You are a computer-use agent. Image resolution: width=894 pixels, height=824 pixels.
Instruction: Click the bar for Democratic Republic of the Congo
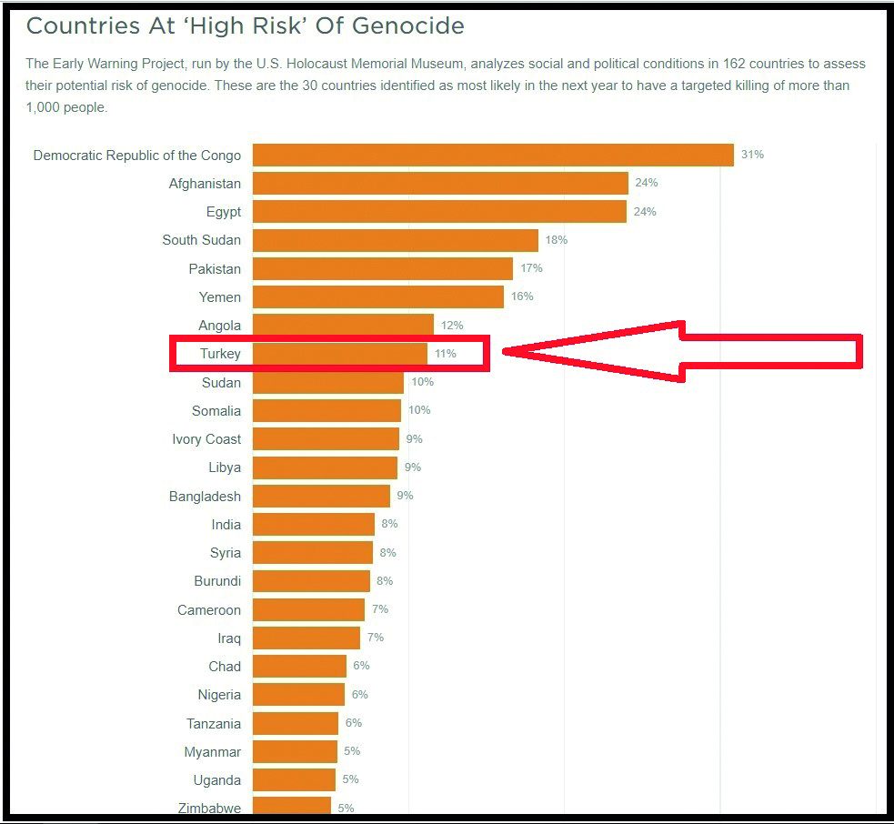493,155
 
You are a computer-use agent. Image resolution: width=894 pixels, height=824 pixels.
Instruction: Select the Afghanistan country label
205,184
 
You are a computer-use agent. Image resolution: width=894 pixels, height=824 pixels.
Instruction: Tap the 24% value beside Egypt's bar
645,212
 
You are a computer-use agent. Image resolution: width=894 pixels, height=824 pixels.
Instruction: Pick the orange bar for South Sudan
396,240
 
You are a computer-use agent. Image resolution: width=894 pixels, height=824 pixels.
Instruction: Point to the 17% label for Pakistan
531,268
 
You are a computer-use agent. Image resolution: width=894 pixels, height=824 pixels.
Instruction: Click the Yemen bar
378,296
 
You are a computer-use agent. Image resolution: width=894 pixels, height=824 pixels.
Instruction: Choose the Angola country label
219,326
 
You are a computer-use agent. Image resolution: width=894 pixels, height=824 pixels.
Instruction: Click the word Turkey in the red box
220,354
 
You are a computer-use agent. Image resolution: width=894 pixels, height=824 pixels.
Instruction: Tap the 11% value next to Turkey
445,354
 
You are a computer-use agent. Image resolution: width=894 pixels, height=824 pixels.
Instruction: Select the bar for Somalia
326,410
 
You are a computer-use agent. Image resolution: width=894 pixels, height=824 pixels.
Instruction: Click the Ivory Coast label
206,439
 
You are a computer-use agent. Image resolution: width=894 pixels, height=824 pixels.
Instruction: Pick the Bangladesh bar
321,496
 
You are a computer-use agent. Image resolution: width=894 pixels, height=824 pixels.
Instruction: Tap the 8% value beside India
389,524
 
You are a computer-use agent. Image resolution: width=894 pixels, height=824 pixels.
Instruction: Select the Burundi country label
217,581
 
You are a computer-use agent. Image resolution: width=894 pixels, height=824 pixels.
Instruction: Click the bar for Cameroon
308,609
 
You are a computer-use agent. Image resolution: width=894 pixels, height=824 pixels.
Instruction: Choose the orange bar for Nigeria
298,695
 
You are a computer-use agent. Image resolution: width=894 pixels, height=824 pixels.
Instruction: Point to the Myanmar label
212,752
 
